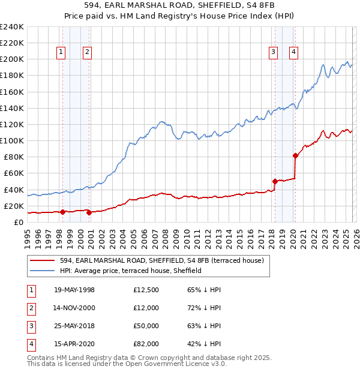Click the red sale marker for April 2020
[x=295, y=155]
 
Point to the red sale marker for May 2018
[x=275, y=181]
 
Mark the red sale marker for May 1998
[x=63, y=211]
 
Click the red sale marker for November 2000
[x=89, y=212]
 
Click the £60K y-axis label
[x=13, y=173]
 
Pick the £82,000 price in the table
[x=146, y=344]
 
